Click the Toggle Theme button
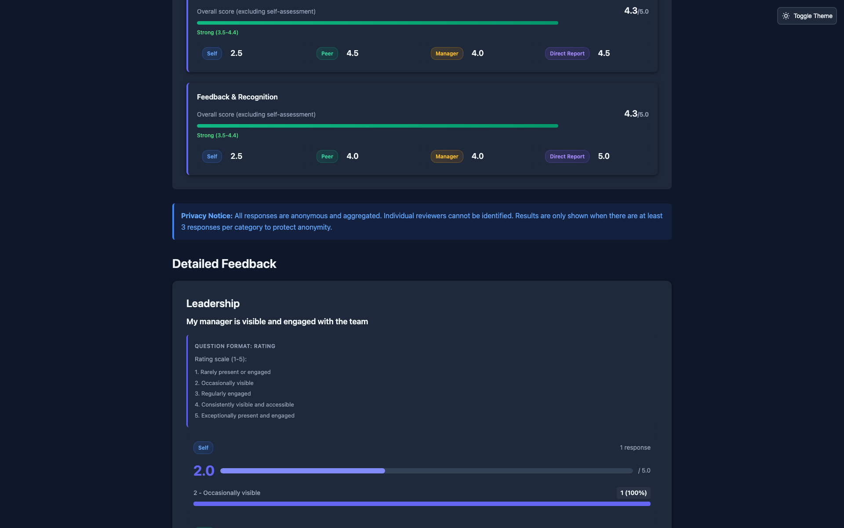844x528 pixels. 807,16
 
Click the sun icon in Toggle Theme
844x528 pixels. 786,16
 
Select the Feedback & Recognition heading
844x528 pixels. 237,97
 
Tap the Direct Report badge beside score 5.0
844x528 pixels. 567,157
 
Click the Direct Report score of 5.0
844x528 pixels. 604,156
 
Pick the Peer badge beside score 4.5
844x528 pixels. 327,54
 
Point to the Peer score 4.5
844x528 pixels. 352,53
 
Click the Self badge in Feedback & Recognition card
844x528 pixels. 212,157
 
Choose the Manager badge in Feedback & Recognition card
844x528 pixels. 447,157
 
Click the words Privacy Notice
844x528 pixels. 207,216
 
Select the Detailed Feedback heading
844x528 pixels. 224,264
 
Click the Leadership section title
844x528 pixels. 213,303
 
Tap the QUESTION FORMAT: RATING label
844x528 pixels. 235,346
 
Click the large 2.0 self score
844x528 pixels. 204,471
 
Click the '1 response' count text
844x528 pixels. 635,447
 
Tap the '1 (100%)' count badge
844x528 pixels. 633,493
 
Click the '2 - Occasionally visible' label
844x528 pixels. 227,493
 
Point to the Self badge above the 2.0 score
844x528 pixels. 203,448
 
